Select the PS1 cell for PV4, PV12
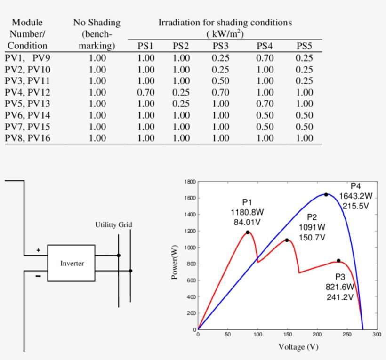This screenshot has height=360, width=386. click(x=146, y=92)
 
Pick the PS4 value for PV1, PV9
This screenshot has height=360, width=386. click(x=265, y=58)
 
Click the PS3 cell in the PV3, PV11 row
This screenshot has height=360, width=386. click(x=220, y=81)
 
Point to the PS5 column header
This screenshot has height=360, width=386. click(x=305, y=46)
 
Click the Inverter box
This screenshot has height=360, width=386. click(x=72, y=263)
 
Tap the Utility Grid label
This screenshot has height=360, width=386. click(x=113, y=225)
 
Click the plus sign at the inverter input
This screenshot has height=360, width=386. click(x=39, y=250)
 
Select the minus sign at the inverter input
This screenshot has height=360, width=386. click(x=38, y=276)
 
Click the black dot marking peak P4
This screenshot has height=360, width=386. click(x=326, y=194)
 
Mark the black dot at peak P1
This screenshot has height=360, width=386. click(x=248, y=232)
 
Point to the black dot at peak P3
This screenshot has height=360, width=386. click(x=338, y=261)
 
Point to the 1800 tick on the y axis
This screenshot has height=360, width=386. click(x=190, y=182)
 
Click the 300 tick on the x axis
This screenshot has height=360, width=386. click(x=376, y=335)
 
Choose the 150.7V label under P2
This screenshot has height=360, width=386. click(x=312, y=237)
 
